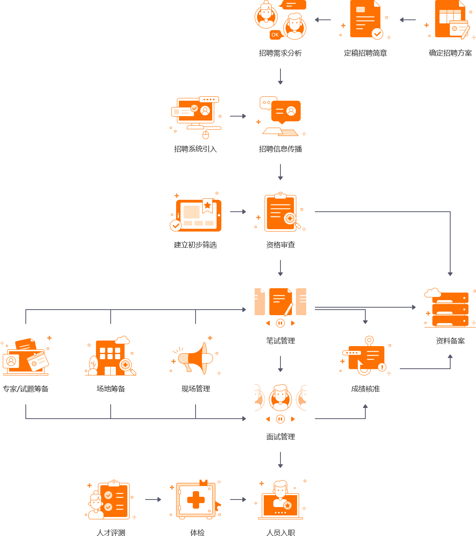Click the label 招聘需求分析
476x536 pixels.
pyautogui.click(x=280, y=53)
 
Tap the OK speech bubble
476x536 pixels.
pyautogui.click(x=275, y=35)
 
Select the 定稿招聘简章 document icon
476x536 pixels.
pyautogui.click(x=365, y=19)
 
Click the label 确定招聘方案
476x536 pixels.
pyautogui.click(x=450, y=53)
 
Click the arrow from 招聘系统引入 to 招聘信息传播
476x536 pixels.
pyautogui.click(x=238, y=116)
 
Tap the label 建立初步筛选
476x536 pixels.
pyautogui.click(x=195, y=245)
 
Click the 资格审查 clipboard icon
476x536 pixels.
pyautogui.click(x=281, y=212)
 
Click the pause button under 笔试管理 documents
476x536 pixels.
pyautogui.click(x=280, y=323)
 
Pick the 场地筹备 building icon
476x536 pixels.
pyautogui.click(x=110, y=357)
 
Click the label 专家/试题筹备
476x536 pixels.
pyautogui.click(x=25, y=389)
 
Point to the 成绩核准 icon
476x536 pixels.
pyautogui.click(x=366, y=357)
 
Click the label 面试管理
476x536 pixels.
pyautogui.click(x=280, y=437)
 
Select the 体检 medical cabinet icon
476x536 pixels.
pyautogui.click(x=196, y=500)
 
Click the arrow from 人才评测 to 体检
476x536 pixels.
pyautogui.click(x=153, y=500)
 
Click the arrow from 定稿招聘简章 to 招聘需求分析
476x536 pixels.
pyautogui.click(x=323, y=20)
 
